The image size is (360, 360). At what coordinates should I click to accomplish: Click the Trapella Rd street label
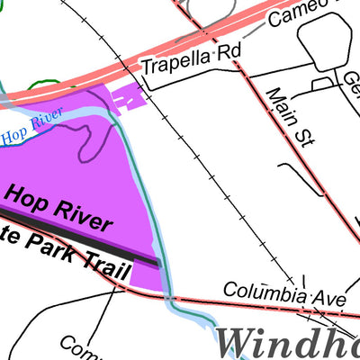pos(192,60)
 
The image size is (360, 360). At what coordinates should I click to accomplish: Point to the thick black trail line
pos(90,243)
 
